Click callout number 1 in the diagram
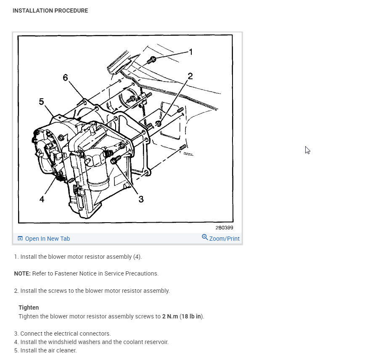click(191, 52)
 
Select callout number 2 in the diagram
click(190, 76)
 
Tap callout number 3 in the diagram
click(141, 199)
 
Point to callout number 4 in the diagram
click(42, 199)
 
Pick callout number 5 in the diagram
click(41, 101)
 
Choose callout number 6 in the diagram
click(65, 78)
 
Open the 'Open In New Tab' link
click(47, 239)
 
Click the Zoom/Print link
click(224, 239)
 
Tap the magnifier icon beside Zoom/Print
click(205, 237)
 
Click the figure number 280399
click(224, 228)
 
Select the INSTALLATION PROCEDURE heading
click(50, 11)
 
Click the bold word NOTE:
click(22, 273)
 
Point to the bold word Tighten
click(29, 307)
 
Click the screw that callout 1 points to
click(153, 60)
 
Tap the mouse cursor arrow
click(307, 150)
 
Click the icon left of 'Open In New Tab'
click(20, 239)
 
